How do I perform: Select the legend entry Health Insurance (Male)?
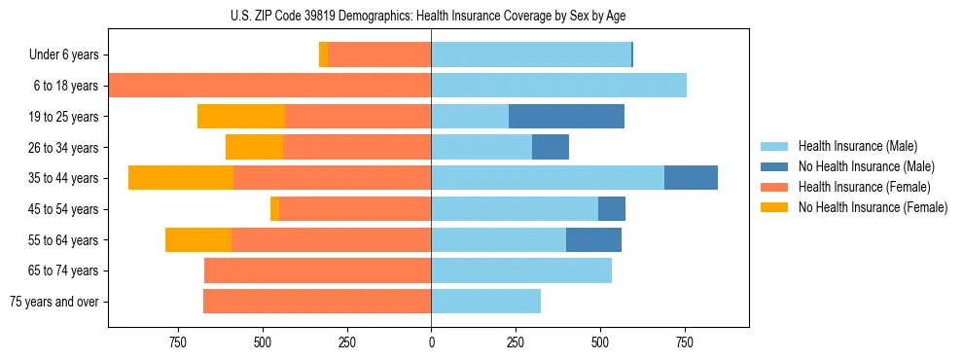pyautogui.click(x=852, y=146)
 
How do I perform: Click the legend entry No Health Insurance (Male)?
pyautogui.click(x=858, y=166)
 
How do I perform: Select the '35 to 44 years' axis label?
pyautogui.click(x=64, y=178)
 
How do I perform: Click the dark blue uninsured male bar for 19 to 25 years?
pyautogui.click(x=566, y=117)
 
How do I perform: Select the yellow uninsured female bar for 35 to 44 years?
pyautogui.click(x=181, y=178)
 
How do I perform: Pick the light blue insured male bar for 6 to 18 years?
pyautogui.click(x=558, y=86)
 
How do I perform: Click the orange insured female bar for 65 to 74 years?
pyautogui.click(x=317, y=270)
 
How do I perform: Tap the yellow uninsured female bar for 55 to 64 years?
pyautogui.click(x=198, y=239)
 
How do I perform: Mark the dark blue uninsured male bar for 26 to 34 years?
pyautogui.click(x=551, y=147)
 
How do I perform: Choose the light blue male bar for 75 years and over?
pyautogui.click(x=485, y=302)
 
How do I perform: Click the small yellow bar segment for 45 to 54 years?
pyautogui.click(x=274, y=209)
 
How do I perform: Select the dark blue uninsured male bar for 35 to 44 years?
pyautogui.click(x=691, y=178)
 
